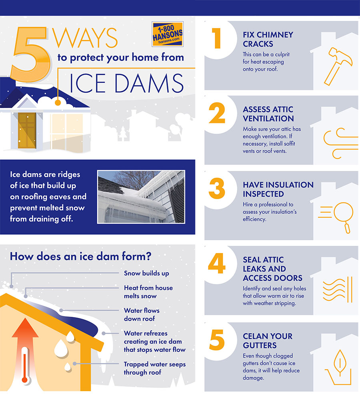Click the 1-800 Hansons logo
[168, 34]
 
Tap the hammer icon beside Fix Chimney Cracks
[338, 66]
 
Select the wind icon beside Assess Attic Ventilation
[340, 143]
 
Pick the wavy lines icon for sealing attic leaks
[338, 289]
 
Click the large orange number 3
[217, 188]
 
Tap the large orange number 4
[217, 263]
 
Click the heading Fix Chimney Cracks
[268, 39]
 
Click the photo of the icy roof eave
[141, 197]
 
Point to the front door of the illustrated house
[27, 131]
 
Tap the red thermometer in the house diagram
[24, 365]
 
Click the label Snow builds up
[146, 273]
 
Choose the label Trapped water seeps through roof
[155, 368]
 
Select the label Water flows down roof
[142, 314]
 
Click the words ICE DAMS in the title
[126, 83]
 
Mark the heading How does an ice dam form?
[81, 256]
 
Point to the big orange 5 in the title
[30, 54]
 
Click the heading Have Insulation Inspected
[278, 189]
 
